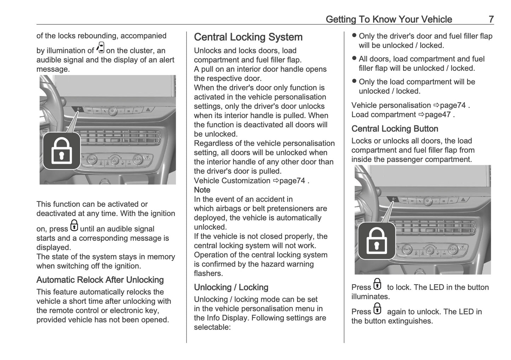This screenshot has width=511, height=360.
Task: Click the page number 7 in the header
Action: click(491, 19)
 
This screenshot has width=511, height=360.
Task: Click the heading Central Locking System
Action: click(248, 37)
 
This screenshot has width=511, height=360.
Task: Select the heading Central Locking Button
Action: click(395, 129)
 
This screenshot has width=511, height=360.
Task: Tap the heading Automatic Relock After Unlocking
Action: click(100, 280)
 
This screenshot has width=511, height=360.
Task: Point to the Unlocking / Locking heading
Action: click(231, 287)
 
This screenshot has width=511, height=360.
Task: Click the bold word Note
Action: click(202, 190)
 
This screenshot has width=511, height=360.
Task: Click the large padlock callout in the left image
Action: click(62, 151)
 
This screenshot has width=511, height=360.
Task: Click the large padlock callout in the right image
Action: click(377, 241)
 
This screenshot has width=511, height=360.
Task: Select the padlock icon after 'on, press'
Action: click(74, 226)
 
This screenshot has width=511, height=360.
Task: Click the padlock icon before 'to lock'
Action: click(378, 284)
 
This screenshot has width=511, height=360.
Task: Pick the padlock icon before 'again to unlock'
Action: click(378, 309)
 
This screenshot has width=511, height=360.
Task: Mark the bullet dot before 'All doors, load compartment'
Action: click(354, 59)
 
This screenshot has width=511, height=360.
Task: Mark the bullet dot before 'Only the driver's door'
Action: click(354, 36)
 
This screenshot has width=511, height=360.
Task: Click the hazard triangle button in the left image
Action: click(147, 110)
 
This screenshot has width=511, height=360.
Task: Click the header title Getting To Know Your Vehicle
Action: click(389, 19)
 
